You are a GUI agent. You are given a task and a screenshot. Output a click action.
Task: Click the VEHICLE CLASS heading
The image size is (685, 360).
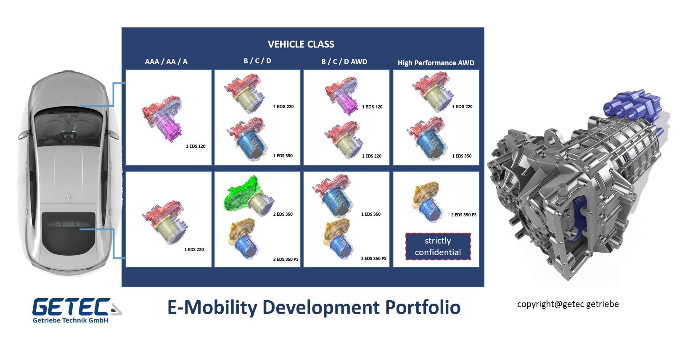tap(301, 44)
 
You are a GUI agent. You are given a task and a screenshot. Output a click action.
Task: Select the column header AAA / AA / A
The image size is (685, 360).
tap(166, 62)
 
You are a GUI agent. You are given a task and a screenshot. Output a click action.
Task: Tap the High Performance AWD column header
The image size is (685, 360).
tap(436, 63)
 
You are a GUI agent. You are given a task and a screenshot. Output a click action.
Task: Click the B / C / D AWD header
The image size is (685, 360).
tap(344, 62)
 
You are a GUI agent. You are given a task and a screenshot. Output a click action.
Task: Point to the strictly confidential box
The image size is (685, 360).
tap(438, 246)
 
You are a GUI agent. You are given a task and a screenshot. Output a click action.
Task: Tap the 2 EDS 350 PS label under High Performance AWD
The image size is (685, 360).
tap(463, 215)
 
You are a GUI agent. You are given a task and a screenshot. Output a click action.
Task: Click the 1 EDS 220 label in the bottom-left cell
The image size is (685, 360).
tap(194, 249)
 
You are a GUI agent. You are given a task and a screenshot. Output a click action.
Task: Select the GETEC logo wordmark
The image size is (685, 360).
tap(71, 307)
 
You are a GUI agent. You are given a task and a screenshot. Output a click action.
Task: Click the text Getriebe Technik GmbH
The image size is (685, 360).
tap(71, 320)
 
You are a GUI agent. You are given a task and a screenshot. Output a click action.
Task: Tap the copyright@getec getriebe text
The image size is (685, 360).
tap(568, 304)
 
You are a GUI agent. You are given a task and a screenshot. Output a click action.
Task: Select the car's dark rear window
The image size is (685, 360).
tap(69, 233)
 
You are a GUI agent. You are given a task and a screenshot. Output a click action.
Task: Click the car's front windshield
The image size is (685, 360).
tap(68, 126)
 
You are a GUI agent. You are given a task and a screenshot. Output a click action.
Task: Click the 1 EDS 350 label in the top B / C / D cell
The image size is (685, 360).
tap(283, 156)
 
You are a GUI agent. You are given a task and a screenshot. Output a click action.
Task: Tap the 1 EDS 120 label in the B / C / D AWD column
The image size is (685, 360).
tap(372, 107)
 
